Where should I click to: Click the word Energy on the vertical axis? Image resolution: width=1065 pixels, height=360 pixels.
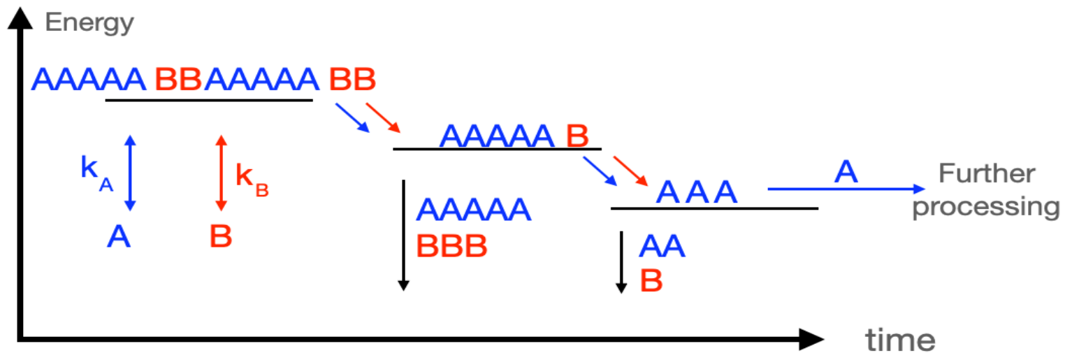point(89,22)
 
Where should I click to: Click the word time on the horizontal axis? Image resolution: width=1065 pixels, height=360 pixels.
point(900,340)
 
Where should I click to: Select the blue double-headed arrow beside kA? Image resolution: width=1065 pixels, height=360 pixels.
point(130,173)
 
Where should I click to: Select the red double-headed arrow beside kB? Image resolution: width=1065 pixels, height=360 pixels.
point(222,173)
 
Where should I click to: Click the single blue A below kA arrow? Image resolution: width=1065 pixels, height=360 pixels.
point(119,238)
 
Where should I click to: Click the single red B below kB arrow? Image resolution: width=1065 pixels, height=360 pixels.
point(221,238)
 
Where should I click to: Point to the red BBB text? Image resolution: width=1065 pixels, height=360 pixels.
point(451,246)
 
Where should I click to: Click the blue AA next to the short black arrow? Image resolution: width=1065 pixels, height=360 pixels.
point(662,247)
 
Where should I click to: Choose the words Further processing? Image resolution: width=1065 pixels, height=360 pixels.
point(986,190)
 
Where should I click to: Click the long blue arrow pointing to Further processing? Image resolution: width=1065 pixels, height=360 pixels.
point(846,189)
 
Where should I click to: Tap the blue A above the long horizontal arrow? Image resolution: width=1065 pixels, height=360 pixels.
point(846,172)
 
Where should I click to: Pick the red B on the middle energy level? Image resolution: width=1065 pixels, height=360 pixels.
point(577,136)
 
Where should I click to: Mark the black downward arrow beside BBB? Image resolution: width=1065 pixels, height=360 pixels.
point(403,234)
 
